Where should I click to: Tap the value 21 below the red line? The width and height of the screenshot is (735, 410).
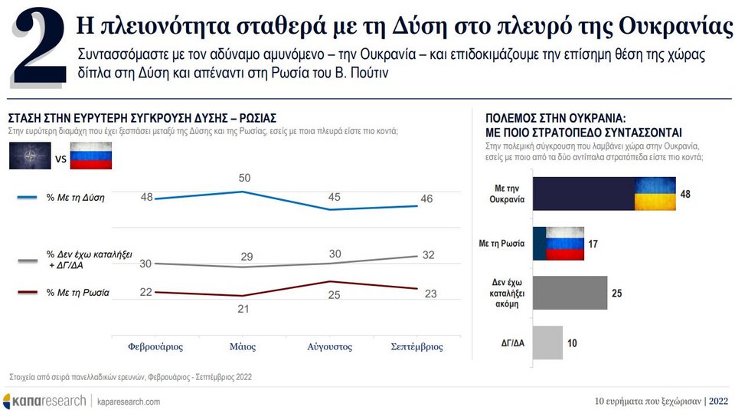click(243, 308)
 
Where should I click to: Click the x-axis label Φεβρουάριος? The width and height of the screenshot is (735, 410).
click(155, 346)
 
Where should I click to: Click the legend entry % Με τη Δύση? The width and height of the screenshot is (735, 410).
click(76, 198)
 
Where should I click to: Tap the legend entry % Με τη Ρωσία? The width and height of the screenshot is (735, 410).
click(77, 293)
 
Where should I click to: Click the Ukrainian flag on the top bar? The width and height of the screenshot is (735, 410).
click(654, 193)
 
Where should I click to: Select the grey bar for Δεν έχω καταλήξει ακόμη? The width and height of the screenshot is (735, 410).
click(569, 293)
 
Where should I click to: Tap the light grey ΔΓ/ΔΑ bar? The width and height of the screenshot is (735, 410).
click(547, 342)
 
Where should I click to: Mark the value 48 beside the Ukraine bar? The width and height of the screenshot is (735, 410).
click(685, 194)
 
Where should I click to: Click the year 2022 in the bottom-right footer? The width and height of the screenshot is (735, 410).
click(720, 401)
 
